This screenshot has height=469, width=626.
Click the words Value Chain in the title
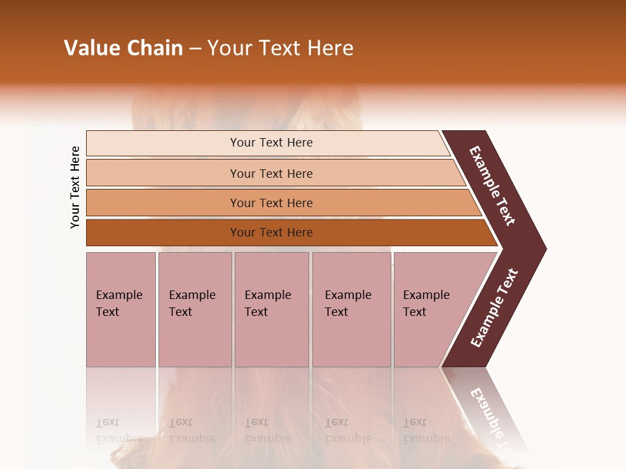[123, 48]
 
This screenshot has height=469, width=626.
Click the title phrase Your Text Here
[280, 48]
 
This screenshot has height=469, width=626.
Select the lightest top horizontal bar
[271, 143]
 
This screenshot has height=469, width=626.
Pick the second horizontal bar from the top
[271, 173]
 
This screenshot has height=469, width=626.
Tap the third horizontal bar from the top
[271, 203]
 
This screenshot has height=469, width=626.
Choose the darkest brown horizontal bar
[271, 233]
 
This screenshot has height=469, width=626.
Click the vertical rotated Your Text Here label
[75, 187]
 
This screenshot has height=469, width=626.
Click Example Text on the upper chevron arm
[492, 186]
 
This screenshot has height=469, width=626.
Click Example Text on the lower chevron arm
[494, 307]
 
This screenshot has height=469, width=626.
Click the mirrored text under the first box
[119, 431]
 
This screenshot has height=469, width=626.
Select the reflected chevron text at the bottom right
[490, 417]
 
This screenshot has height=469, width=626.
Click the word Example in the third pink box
[267, 295]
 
